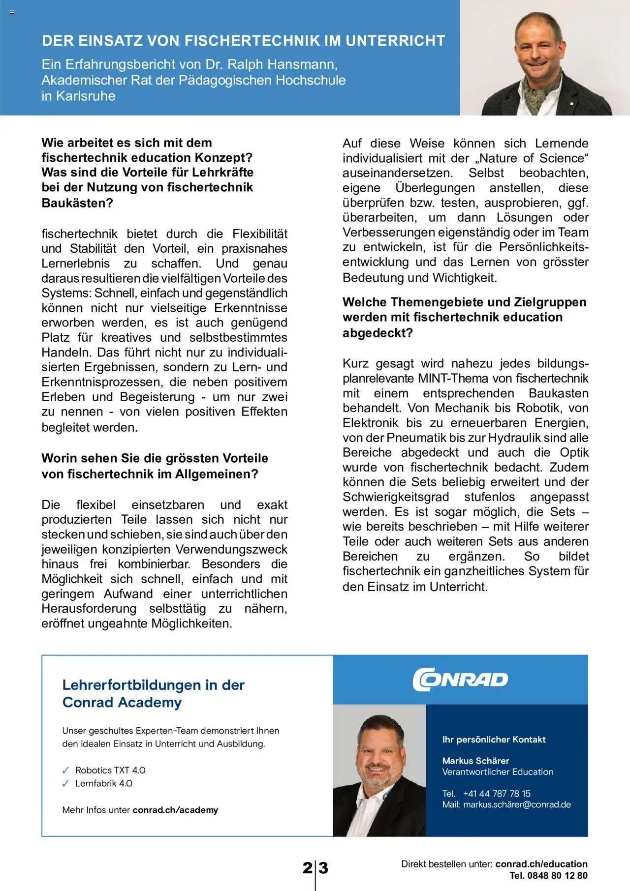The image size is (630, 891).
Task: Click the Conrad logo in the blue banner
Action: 460,680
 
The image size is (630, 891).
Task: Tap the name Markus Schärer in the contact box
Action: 475,761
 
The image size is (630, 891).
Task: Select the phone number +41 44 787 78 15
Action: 497,794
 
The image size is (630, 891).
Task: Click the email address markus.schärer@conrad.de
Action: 517,805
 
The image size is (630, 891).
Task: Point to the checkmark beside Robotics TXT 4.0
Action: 66,771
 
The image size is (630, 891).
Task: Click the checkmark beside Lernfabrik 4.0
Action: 66,784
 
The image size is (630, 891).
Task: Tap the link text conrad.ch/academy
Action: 175,810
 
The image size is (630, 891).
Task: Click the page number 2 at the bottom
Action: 307,868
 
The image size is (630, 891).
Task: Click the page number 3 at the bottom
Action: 323,868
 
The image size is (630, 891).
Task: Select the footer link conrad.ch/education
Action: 541,864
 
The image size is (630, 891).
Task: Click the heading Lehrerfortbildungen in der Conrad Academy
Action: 153,693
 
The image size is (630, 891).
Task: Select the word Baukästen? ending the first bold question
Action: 77,203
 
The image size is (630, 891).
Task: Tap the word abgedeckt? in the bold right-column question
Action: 378,333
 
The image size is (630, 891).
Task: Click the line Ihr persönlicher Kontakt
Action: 494,740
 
